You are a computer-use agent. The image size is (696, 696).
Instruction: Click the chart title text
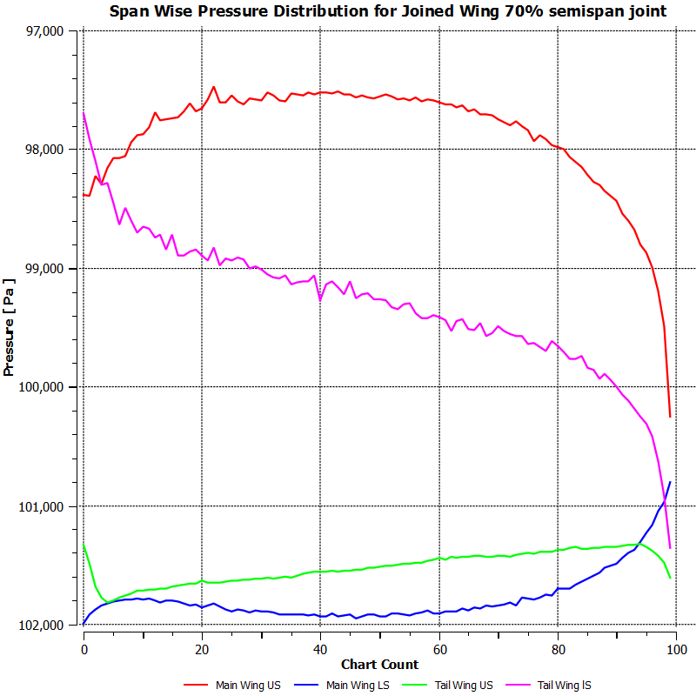(x=388, y=11)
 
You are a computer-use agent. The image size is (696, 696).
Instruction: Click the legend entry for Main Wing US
(x=247, y=685)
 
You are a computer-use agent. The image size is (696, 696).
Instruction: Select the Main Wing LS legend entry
(x=358, y=685)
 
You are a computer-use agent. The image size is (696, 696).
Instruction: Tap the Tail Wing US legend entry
(x=464, y=685)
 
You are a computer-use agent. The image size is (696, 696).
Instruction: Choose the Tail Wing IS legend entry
(x=564, y=685)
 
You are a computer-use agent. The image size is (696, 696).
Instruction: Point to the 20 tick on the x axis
(x=202, y=648)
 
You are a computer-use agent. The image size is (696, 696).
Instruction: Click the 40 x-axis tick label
(x=320, y=648)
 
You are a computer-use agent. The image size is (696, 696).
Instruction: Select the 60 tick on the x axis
(x=439, y=648)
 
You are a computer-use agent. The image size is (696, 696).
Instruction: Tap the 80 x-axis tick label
(x=558, y=648)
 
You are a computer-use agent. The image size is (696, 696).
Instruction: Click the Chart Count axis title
(x=379, y=665)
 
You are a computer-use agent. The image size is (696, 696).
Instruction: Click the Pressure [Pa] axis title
(x=10, y=327)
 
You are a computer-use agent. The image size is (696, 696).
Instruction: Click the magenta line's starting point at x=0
(x=84, y=113)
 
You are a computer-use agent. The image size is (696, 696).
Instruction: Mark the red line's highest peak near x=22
(x=213, y=87)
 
